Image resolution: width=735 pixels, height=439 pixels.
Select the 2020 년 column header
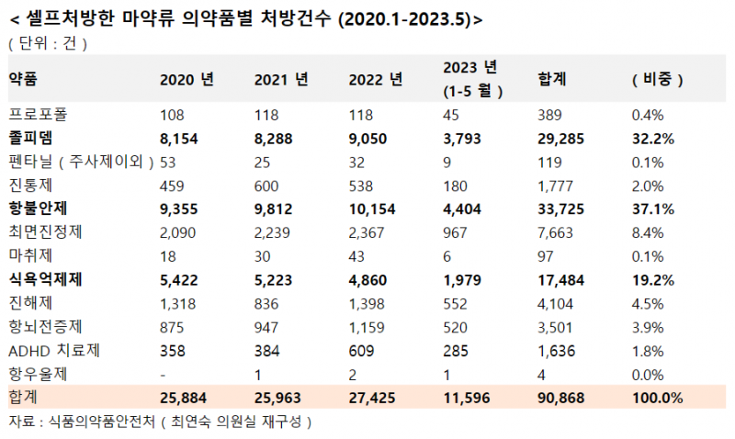point(187,79)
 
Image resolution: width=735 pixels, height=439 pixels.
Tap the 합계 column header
point(551,79)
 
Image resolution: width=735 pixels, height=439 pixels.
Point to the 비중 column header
point(658,79)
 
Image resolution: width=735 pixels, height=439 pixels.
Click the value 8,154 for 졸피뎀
point(179,139)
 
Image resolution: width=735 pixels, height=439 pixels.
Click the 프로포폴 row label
point(38,115)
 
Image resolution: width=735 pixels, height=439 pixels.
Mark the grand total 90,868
point(562,398)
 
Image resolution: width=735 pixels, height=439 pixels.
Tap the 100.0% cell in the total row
point(658,398)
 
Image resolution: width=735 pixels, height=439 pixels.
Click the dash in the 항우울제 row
point(163,375)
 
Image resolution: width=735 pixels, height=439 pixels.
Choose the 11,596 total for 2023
point(468,398)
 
